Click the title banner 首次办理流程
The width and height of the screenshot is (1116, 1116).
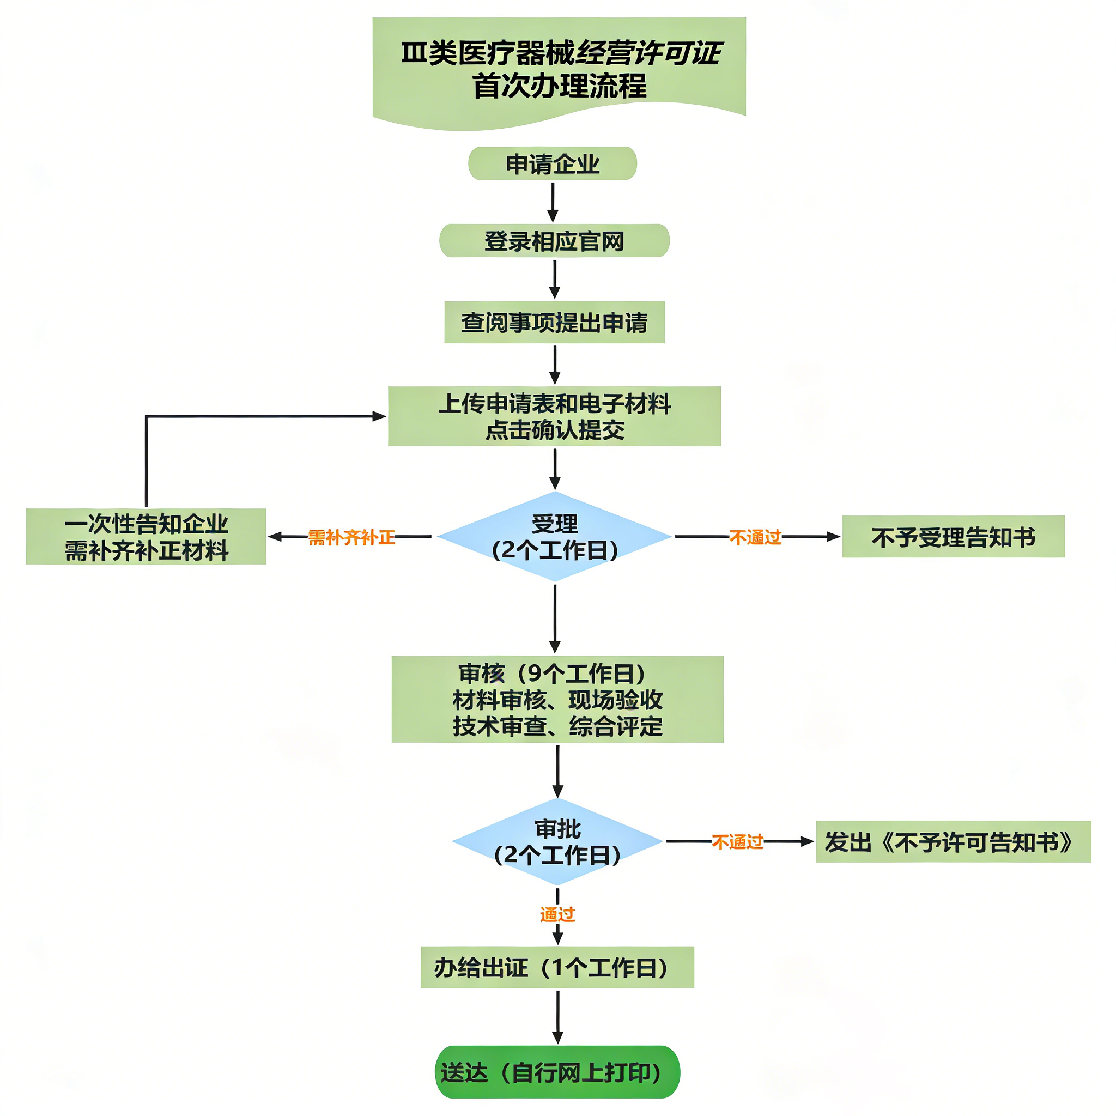click(x=559, y=69)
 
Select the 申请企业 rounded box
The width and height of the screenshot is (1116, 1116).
click(x=552, y=163)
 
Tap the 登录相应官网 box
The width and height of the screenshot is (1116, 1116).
click(x=554, y=240)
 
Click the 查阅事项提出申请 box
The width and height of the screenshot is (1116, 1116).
click(x=554, y=323)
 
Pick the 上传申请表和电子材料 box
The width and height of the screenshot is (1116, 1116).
click(x=554, y=416)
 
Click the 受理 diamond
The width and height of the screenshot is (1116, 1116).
click(x=554, y=537)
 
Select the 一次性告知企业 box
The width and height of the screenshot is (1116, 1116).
click(x=145, y=537)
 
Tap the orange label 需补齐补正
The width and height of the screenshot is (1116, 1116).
click(x=351, y=537)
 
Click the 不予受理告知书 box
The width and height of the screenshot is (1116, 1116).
click(x=953, y=537)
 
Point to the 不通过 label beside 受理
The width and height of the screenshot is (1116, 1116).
click(x=755, y=537)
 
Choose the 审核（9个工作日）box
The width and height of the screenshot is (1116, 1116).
click(x=557, y=700)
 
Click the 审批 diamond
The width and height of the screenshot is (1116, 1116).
click(x=557, y=841)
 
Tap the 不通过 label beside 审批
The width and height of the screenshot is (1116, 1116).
click(x=738, y=841)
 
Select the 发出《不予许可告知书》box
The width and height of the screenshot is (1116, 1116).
click(x=953, y=841)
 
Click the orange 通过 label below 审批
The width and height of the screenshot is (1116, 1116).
click(x=557, y=914)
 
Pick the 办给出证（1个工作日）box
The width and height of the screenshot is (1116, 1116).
click(x=557, y=967)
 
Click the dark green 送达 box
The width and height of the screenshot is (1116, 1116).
click(x=557, y=1072)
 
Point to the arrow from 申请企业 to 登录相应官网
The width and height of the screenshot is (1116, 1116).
click(x=553, y=202)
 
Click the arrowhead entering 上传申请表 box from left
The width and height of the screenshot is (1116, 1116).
click(x=379, y=416)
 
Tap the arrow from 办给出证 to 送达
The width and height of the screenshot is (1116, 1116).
click(x=557, y=1016)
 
